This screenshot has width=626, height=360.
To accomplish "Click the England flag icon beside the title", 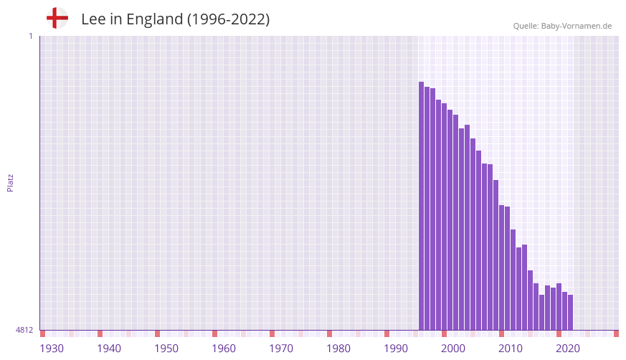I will (x=57, y=18).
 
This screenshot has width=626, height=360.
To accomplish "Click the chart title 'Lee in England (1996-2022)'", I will (x=175, y=19).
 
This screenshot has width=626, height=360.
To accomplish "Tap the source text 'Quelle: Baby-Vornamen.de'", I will (x=562, y=26).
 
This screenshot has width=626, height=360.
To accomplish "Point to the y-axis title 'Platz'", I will (x=10, y=182).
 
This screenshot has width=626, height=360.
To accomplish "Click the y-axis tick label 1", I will (x=30, y=36).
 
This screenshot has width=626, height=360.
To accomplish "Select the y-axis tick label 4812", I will (x=24, y=330).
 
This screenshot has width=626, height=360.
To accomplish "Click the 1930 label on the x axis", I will (x=52, y=349).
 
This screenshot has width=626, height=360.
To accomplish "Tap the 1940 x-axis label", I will (x=109, y=349).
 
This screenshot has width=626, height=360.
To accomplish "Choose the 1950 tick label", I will (x=166, y=349).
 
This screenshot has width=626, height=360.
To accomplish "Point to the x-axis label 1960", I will (x=224, y=349).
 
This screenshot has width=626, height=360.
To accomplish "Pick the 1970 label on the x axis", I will (x=281, y=349).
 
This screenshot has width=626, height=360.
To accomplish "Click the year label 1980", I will (x=338, y=349).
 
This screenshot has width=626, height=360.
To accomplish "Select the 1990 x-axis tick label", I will (x=396, y=349).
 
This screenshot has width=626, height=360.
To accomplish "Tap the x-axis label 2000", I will (x=453, y=349).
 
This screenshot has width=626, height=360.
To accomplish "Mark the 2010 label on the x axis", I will (x=511, y=349).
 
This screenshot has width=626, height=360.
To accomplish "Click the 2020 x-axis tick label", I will (x=568, y=349).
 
